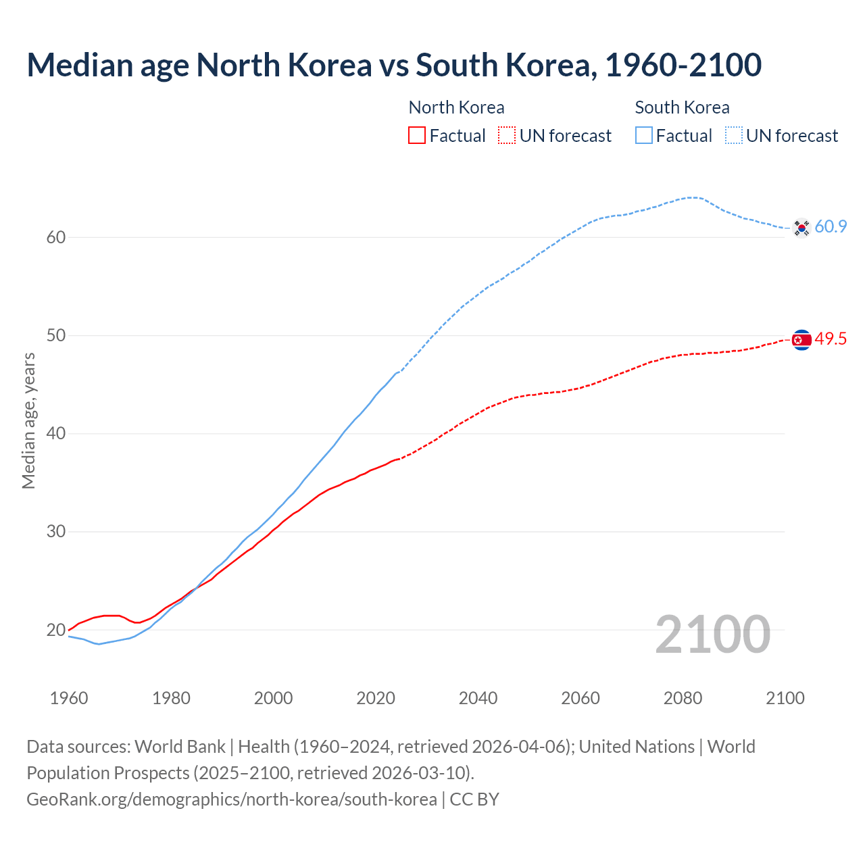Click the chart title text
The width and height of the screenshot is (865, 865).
(394, 65)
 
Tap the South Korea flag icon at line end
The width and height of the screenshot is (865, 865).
(801, 228)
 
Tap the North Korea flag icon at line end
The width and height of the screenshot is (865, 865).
(801, 340)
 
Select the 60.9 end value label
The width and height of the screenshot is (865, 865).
(831, 227)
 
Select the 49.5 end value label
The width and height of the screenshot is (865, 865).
(831, 339)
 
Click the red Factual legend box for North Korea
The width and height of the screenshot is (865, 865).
(417, 136)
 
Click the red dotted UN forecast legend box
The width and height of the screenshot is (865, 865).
(507, 136)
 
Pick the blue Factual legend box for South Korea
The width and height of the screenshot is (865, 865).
(644, 136)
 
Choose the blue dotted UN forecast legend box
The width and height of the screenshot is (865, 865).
(734, 136)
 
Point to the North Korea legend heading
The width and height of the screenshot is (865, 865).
(456, 107)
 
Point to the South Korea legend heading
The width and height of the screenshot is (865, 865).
(682, 107)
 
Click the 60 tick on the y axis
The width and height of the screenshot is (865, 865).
(56, 237)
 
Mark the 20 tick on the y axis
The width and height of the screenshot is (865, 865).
(56, 630)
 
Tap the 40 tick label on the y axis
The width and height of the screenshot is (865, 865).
(56, 433)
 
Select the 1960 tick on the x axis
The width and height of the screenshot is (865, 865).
(69, 698)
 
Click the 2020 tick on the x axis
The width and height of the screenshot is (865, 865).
(376, 698)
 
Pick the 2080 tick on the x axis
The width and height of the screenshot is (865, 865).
(683, 698)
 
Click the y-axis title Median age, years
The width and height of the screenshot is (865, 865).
(28, 420)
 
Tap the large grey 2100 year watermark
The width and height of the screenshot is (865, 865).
(712, 634)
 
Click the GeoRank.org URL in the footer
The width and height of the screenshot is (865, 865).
(232, 799)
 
